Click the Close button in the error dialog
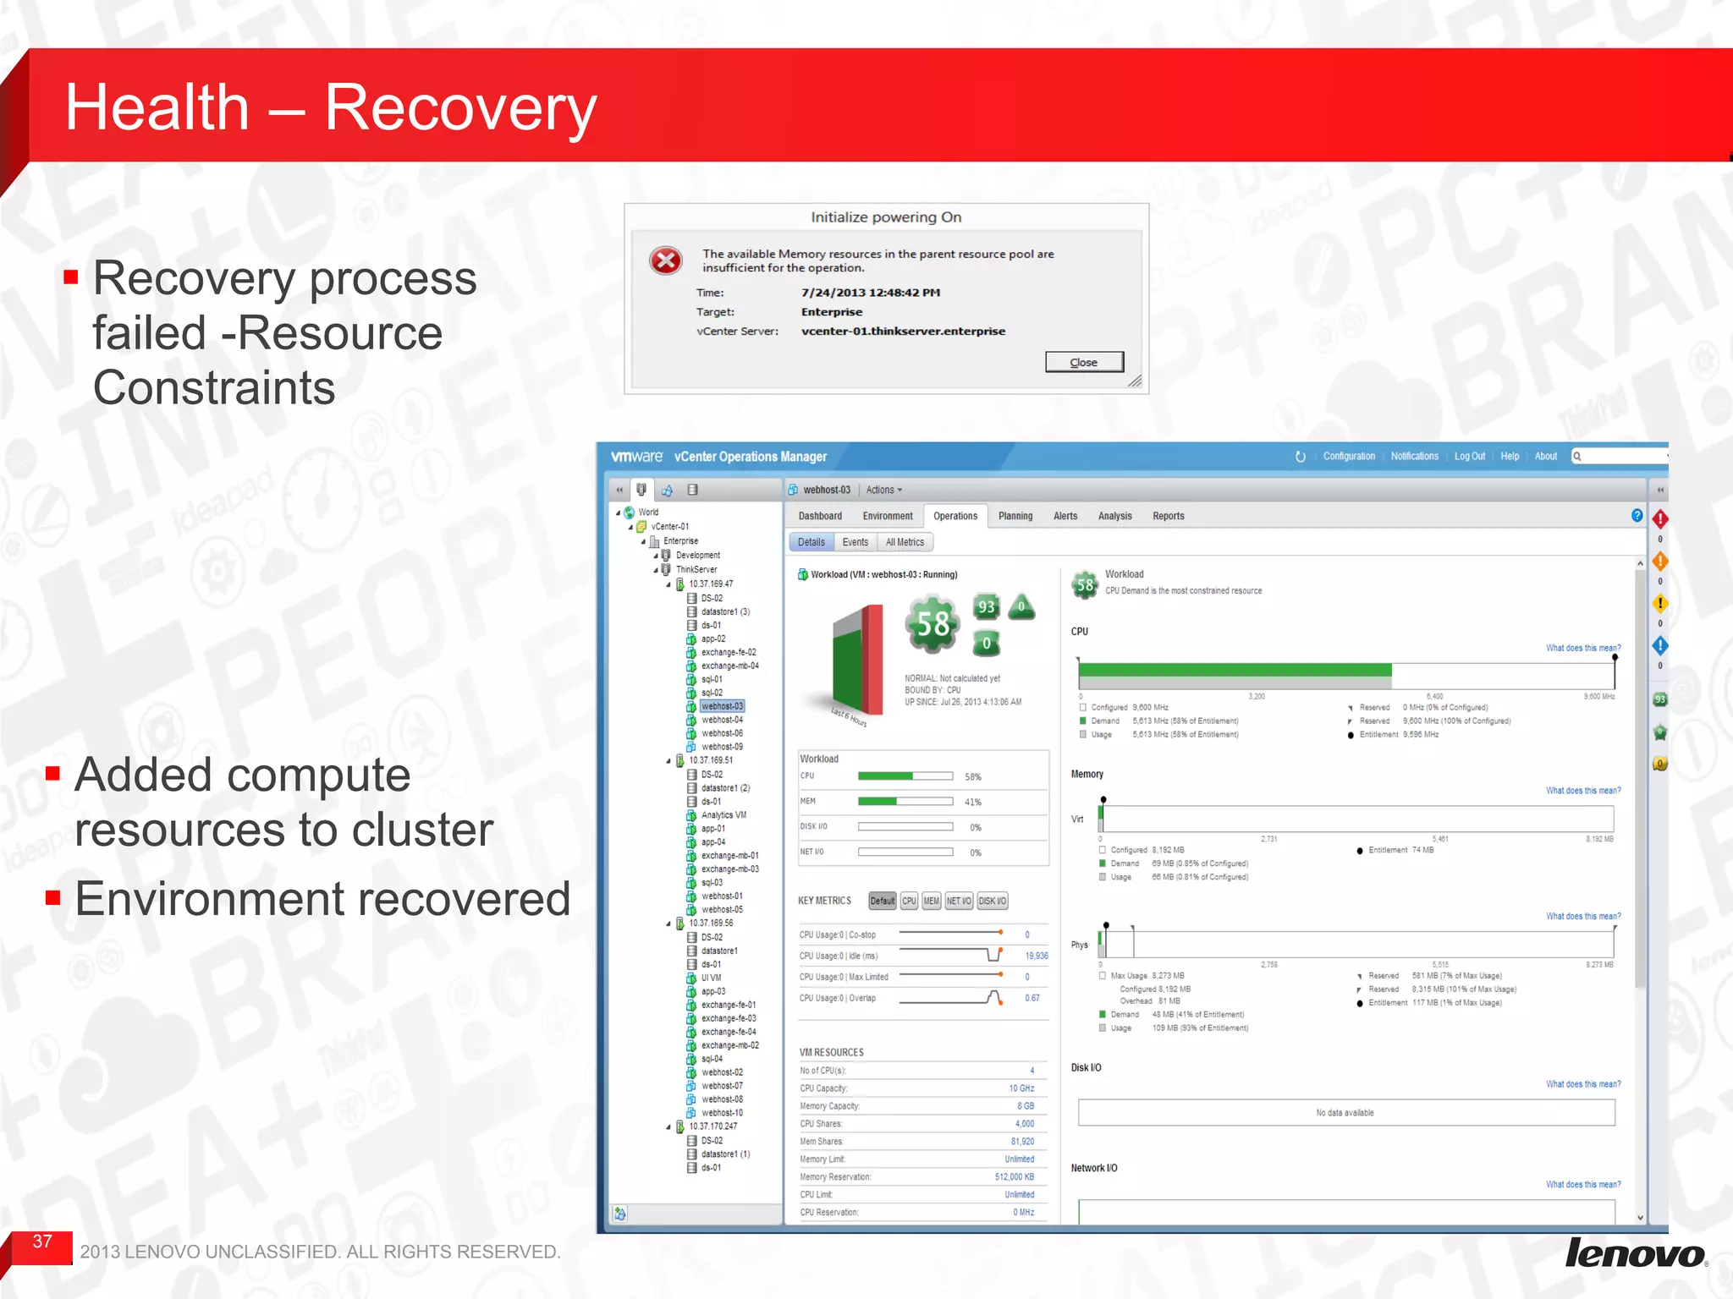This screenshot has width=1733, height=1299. (x=1084, y=362)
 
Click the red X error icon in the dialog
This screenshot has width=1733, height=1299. (x=666, y=260)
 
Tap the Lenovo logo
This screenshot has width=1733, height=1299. (x=1635, y=1252)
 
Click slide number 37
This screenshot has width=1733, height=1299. (x=42, y=1241)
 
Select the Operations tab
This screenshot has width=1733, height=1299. (x=955, y=516)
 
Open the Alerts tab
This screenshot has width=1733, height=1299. (x=1065, y=516)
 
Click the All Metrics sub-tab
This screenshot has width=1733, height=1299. (x=905, y=542)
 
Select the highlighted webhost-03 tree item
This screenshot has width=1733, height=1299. (x=722, y=706)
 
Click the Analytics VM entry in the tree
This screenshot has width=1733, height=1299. (x=723, y=815)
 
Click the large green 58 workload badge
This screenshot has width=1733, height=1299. (x=933, y=624)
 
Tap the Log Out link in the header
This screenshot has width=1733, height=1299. (x=1469, y=456)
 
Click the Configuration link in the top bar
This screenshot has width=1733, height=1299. (x=1349, y=456)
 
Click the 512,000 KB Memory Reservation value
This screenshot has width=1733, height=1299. (x=1014, y=1177)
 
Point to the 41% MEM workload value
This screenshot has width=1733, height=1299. (x=973, y=802)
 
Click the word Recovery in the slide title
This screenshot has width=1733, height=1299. (x=461, y=107)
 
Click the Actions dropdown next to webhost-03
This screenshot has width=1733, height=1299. (x=883, y=490)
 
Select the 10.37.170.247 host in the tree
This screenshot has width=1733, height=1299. (x=712, y=1126)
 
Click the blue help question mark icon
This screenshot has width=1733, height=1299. (x=1637, y=516)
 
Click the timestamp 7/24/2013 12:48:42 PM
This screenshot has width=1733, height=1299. (x=871, y=293)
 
